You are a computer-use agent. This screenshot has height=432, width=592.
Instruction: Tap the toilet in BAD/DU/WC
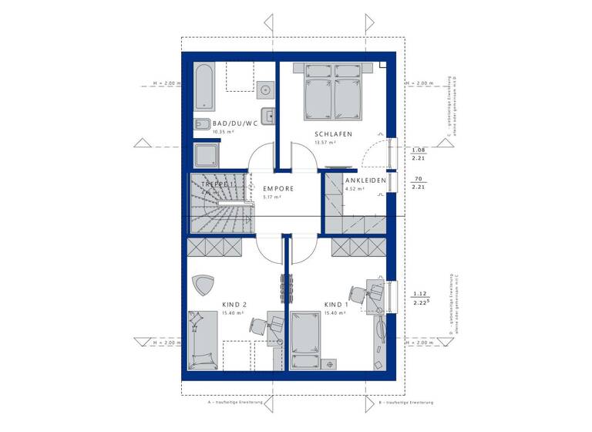pos(202,124)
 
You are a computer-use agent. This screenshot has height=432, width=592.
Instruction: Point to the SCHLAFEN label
pos(333,134)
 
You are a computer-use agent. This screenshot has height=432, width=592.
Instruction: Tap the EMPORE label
pos(278,188)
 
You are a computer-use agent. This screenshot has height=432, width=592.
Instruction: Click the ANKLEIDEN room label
pos(365,181)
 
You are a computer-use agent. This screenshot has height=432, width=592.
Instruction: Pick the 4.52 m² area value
pos(354,189)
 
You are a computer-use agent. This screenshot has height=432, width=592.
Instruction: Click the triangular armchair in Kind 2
pos(204,285)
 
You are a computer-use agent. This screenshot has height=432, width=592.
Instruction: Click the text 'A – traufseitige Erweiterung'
pos(235,403)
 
